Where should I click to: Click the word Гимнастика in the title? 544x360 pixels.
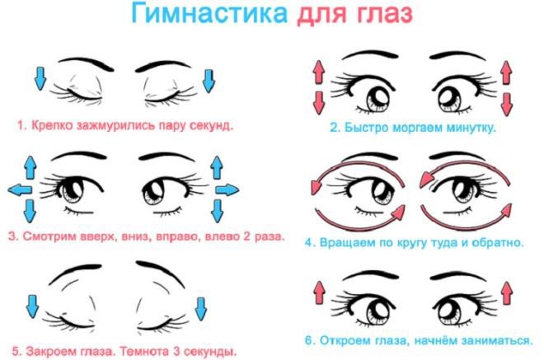[x=209, y=14]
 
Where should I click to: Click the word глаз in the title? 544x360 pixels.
[x=384, y=15]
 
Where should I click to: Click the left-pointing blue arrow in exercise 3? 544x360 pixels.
[x=20, y=189]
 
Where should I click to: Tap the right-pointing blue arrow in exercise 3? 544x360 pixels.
[x=227, y=189]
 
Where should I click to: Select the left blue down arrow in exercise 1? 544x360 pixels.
[x=40, y=79]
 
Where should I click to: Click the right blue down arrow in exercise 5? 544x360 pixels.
[x=201, y=308]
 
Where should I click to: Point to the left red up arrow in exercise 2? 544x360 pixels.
[x=318, y=72]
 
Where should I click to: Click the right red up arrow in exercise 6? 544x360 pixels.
[x=507, y=293]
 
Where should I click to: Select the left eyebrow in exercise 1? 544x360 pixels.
[x=86, y=63]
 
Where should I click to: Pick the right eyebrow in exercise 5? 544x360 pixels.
[x=160, y=273]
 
